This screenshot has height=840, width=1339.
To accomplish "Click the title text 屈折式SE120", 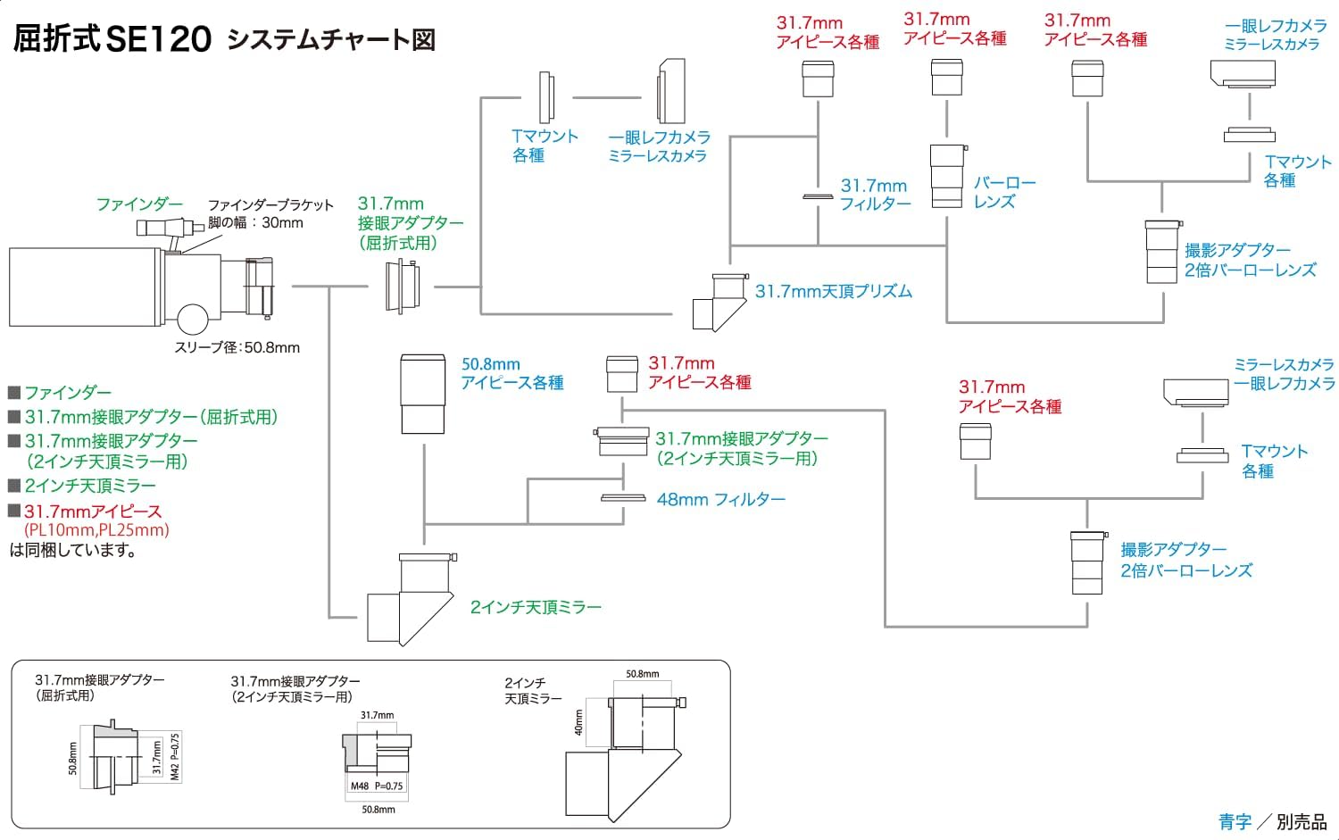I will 112,38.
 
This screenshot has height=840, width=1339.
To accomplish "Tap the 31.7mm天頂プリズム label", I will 833,291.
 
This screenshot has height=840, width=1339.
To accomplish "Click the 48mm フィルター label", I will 720,500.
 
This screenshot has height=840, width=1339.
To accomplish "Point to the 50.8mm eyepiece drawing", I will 422,394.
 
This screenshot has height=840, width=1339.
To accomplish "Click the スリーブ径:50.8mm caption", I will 237,347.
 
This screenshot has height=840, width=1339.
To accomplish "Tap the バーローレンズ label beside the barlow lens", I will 1004,192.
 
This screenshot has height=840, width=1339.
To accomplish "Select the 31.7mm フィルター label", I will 874,194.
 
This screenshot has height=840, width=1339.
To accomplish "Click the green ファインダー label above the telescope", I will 139,204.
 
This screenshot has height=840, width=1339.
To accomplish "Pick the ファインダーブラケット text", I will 270,205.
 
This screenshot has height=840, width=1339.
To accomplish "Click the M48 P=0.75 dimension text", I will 377,786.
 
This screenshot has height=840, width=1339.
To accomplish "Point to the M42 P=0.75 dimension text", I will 175,757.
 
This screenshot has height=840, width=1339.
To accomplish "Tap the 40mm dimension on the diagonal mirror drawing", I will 579,722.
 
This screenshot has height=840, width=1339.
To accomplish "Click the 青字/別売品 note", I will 1272,821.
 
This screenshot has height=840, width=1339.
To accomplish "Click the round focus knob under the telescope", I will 192,319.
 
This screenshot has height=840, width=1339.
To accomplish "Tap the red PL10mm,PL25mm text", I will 96,530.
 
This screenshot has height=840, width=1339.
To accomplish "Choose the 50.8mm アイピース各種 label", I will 511,374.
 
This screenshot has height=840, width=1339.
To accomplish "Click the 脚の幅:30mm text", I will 255,223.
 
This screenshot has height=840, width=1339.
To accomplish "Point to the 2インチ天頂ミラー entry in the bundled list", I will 89,486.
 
